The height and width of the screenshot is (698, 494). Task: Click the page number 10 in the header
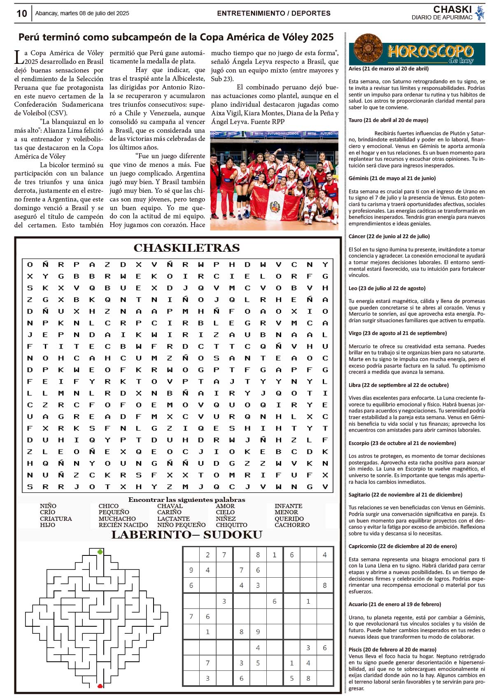21,14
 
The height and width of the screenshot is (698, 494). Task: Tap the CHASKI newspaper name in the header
452,9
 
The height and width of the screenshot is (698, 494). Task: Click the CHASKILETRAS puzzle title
186,248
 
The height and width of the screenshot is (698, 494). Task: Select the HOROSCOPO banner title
430,52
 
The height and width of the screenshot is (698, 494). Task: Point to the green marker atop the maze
100,552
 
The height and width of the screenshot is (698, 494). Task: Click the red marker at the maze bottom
100,686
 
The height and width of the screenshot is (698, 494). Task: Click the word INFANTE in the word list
288,506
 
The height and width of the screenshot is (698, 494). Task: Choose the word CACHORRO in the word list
292,525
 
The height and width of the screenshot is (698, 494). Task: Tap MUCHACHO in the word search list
117,519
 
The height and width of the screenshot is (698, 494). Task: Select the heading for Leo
387,288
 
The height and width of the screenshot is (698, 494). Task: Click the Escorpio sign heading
402,443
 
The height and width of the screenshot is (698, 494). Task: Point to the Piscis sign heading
392,649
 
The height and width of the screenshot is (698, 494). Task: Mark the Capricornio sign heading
403,546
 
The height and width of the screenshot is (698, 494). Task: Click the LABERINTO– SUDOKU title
186,535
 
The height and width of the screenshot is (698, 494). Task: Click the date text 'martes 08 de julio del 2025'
94,13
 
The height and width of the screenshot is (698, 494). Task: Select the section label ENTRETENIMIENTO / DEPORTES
274,13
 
